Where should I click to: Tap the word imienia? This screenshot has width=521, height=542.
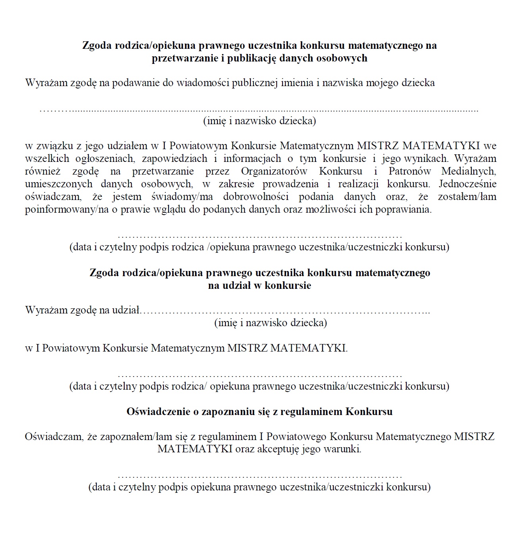click(x=297, y=83)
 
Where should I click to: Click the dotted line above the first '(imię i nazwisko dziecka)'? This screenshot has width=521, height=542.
click(x=259, y=110)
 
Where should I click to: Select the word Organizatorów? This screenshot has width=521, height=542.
click(x=274, y=171)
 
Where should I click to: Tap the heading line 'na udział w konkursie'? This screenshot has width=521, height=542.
click(x=260, y=285)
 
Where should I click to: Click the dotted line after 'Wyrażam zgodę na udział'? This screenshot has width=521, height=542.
click(x=286, y=311)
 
